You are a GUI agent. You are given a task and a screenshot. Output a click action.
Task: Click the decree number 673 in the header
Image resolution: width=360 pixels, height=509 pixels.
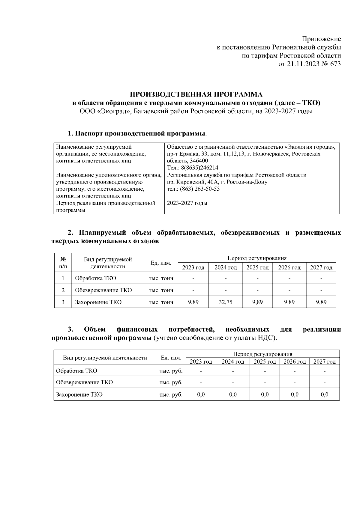click(335, 64)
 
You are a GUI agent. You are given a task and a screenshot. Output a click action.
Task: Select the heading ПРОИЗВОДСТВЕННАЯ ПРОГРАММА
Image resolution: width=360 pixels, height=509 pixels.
click(196, 94)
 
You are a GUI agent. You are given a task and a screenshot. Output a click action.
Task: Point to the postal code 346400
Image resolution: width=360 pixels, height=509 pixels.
click(199, 161)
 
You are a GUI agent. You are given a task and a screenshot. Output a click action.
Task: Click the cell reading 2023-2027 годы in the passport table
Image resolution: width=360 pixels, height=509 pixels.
click(187, 203)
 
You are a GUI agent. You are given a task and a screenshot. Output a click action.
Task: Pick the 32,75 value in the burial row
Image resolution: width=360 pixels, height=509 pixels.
click(225, 302)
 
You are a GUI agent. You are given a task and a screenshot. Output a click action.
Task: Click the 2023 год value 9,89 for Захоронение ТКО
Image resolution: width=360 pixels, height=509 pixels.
click(193, 302)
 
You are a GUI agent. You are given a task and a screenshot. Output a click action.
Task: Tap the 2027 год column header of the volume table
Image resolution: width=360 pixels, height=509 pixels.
click(321, 267)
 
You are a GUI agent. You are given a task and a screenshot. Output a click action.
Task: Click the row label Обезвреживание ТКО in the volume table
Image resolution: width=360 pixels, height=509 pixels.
click(103, 290)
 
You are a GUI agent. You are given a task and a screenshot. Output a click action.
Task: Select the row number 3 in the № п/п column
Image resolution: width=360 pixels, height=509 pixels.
click(63, 302)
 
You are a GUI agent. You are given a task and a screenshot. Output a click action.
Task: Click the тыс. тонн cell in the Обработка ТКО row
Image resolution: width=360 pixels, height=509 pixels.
click(161, 278)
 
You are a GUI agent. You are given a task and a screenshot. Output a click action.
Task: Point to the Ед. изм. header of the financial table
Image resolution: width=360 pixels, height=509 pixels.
click(171, 358)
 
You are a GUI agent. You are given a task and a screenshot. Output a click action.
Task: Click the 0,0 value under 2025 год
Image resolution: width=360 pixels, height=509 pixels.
click(265, 394)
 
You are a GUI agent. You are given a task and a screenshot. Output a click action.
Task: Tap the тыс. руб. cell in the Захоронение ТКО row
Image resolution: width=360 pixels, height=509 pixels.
click(171, 394)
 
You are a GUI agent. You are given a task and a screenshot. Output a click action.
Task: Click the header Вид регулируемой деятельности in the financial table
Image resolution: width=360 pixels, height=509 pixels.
click(105, 358)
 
